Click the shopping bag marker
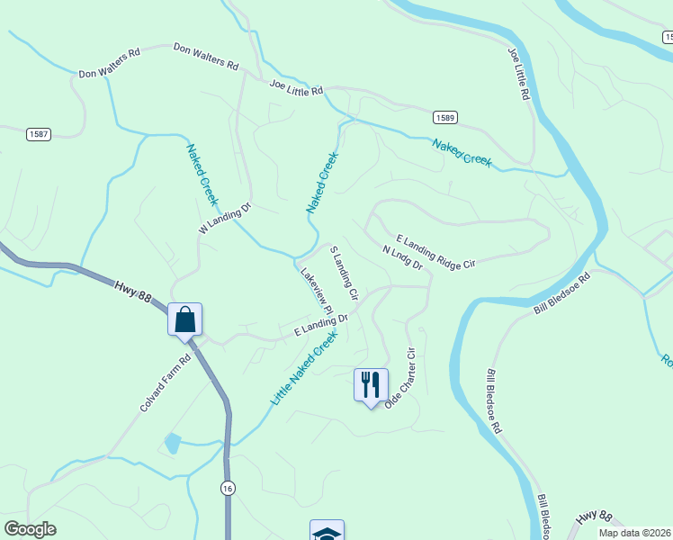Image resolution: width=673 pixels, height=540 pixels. pos(184,319)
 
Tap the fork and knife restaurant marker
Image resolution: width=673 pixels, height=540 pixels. pos(371,385)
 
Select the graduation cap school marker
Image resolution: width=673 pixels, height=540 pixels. pos(326,533)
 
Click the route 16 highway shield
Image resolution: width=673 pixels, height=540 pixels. pos(229,487)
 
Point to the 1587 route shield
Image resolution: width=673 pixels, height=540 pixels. pos(38,134)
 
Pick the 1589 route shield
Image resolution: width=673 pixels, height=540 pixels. pos(444,118)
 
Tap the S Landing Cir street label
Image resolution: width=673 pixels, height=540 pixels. pos(344,273)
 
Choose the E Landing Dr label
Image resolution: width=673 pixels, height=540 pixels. pos(320,326)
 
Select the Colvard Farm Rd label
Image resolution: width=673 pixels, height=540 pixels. pos(166,383)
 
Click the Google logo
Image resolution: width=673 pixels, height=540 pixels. pos(31,529)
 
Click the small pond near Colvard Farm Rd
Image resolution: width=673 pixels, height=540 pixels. pos(172,443)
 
